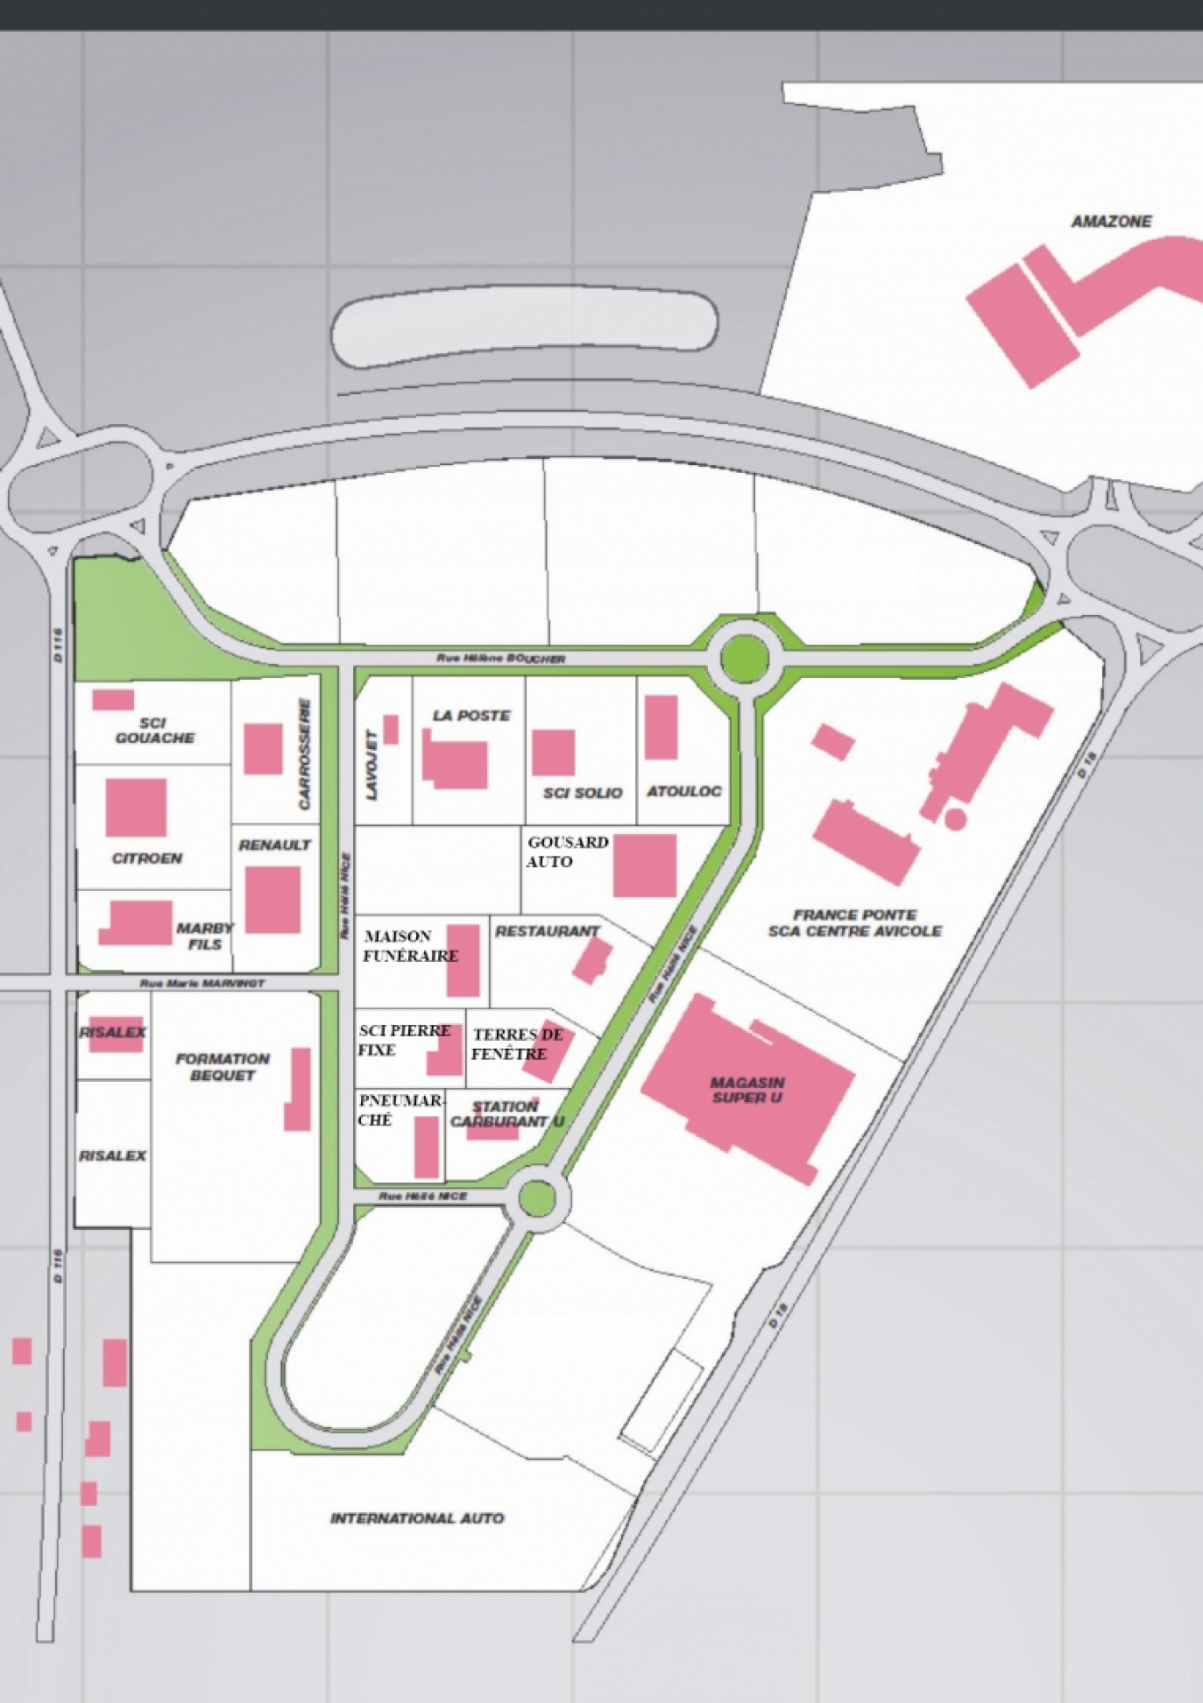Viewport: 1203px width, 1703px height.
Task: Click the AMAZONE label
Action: (1111, 221)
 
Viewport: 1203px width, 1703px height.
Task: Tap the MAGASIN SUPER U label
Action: (747, 1090)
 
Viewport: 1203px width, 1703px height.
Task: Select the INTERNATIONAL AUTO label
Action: (417, 1518)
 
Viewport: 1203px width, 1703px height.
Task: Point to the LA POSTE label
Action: (471, 715)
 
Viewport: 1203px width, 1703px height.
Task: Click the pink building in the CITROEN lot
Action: (136, 808)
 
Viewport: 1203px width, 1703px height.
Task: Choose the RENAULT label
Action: (275, 845)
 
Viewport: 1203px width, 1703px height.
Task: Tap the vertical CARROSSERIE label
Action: (304, 753)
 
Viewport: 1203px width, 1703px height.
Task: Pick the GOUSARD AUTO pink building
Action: (645, 865)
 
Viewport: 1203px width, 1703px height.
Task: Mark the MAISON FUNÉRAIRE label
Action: (409, 946)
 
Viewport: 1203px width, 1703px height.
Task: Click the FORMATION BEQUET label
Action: (222, 1067)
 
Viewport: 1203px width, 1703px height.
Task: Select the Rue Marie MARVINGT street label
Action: (202, 983)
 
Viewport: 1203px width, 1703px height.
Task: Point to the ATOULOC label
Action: (684, 791)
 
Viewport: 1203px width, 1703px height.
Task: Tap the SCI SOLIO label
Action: (583, 792)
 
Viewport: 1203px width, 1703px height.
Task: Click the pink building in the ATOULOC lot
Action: (661, 728)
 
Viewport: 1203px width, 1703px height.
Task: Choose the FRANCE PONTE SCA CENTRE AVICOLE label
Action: (854, 923)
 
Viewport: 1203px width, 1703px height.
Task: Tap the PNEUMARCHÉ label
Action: (398, 1109)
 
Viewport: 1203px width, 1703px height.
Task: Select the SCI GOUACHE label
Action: (154, 730)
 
